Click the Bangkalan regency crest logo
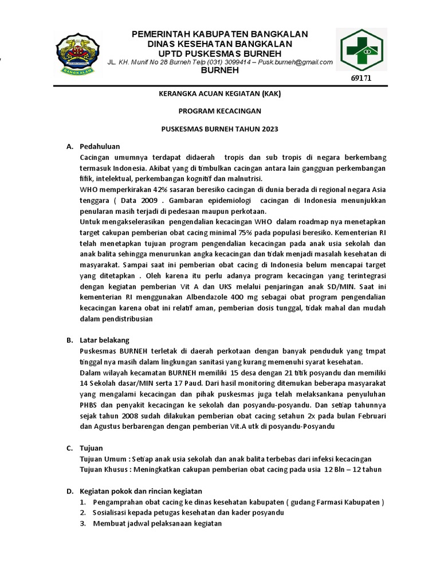coord(78,55)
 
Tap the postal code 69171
coord(361,78)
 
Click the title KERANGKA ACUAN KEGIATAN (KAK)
coord(219,93)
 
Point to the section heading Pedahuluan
coord(100,147)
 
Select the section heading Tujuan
coord(92,448)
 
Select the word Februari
coord(367,416)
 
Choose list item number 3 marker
coord(82,523)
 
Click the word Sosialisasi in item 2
coord(113,512)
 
